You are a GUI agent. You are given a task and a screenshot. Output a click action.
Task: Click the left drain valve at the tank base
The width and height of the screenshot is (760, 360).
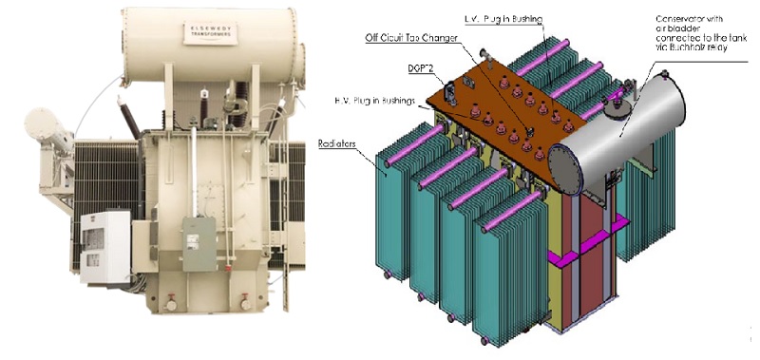coord(172,305)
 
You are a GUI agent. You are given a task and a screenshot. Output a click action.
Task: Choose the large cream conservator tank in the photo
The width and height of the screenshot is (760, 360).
coord(214,43)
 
